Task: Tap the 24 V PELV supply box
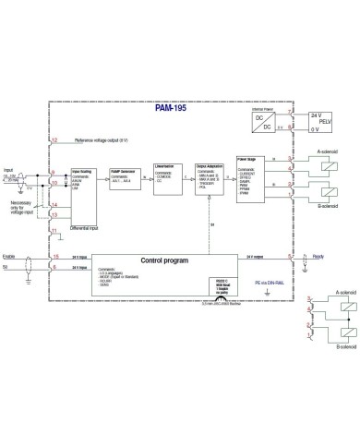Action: (318, 121)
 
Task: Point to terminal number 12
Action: (55, 140)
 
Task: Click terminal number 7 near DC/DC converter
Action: (289, 112)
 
